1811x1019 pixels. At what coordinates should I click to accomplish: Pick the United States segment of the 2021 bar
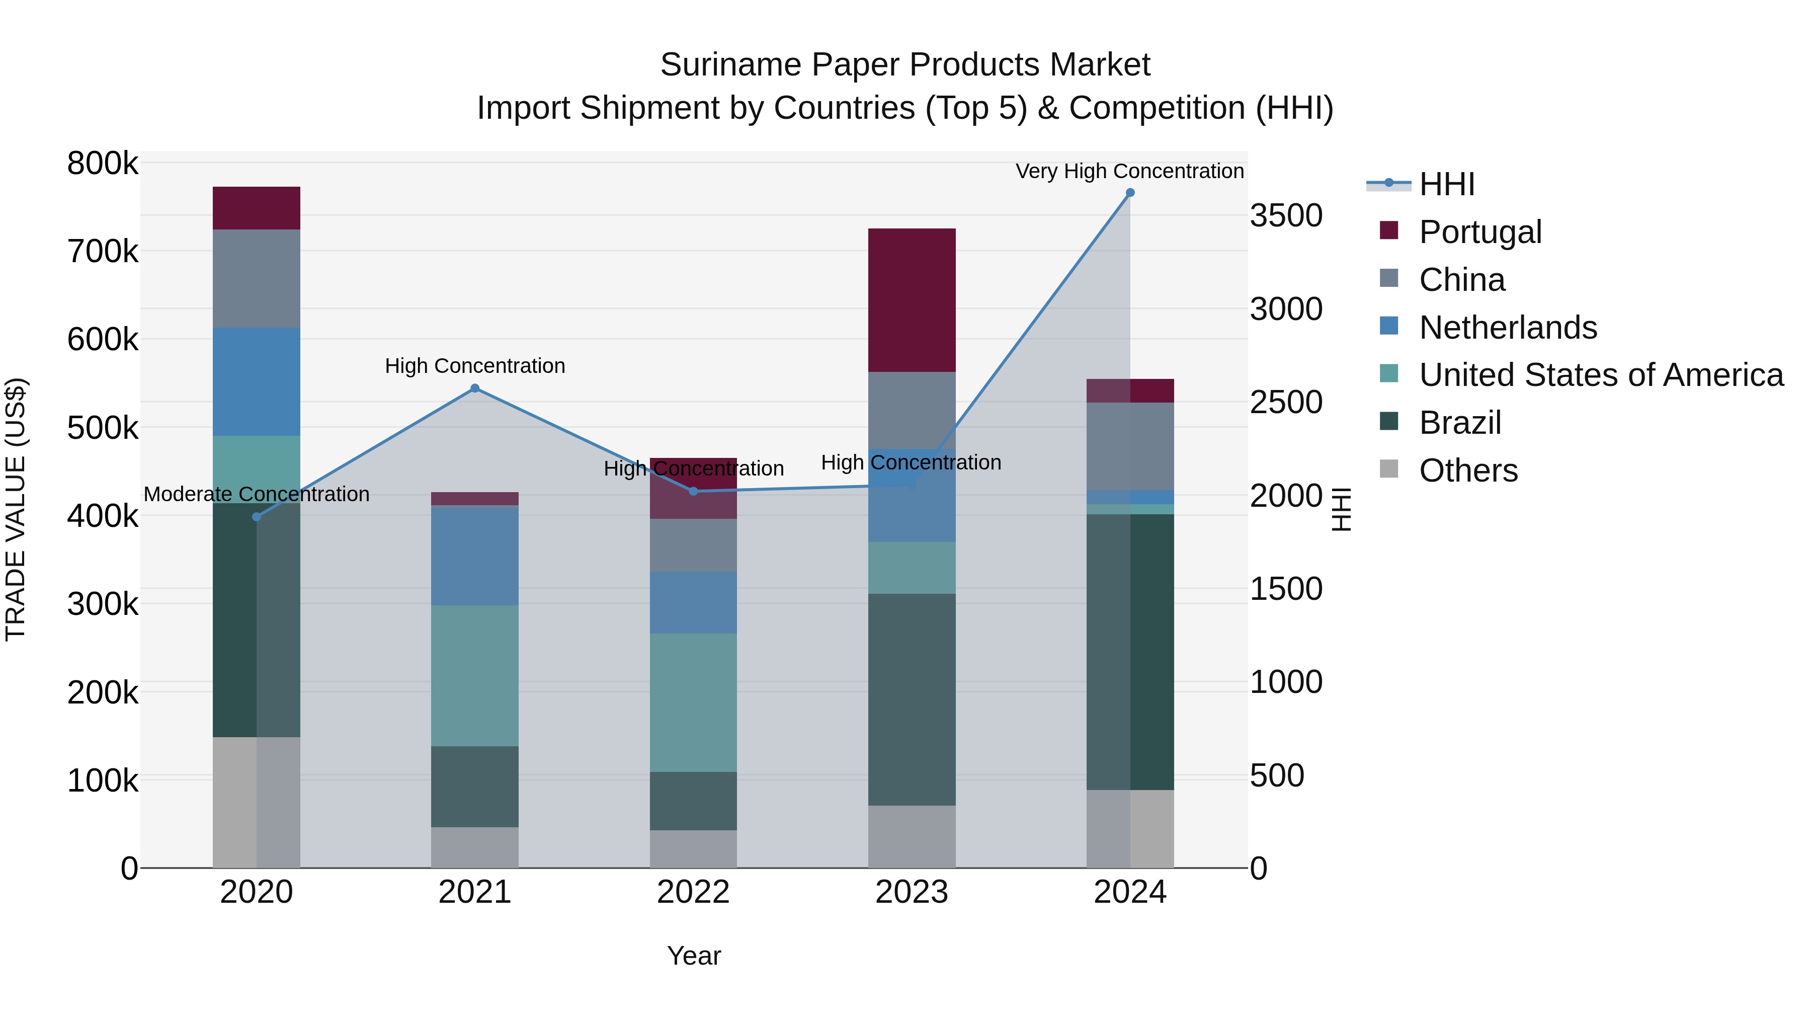(474, 675)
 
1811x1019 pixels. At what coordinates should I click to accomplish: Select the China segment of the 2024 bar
(1130, 446)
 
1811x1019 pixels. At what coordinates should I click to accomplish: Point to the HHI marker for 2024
(1130, 193)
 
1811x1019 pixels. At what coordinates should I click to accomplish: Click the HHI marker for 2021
(474, 388)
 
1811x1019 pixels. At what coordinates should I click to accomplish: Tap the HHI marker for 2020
(256, 517)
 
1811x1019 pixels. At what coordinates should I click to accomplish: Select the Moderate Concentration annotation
(256, 494)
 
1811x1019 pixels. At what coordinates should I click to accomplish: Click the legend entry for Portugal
(1480, 231)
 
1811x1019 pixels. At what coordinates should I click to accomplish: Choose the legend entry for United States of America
(1601, 375)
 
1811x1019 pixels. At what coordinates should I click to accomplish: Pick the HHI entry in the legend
(1446, 184)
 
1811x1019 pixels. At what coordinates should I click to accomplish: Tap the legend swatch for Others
(1388, 468)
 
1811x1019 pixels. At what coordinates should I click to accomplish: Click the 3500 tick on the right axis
(1286, 215)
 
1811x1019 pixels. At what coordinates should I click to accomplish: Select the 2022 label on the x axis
(693, 892)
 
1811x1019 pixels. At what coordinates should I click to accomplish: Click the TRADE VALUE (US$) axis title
(16, 509)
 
